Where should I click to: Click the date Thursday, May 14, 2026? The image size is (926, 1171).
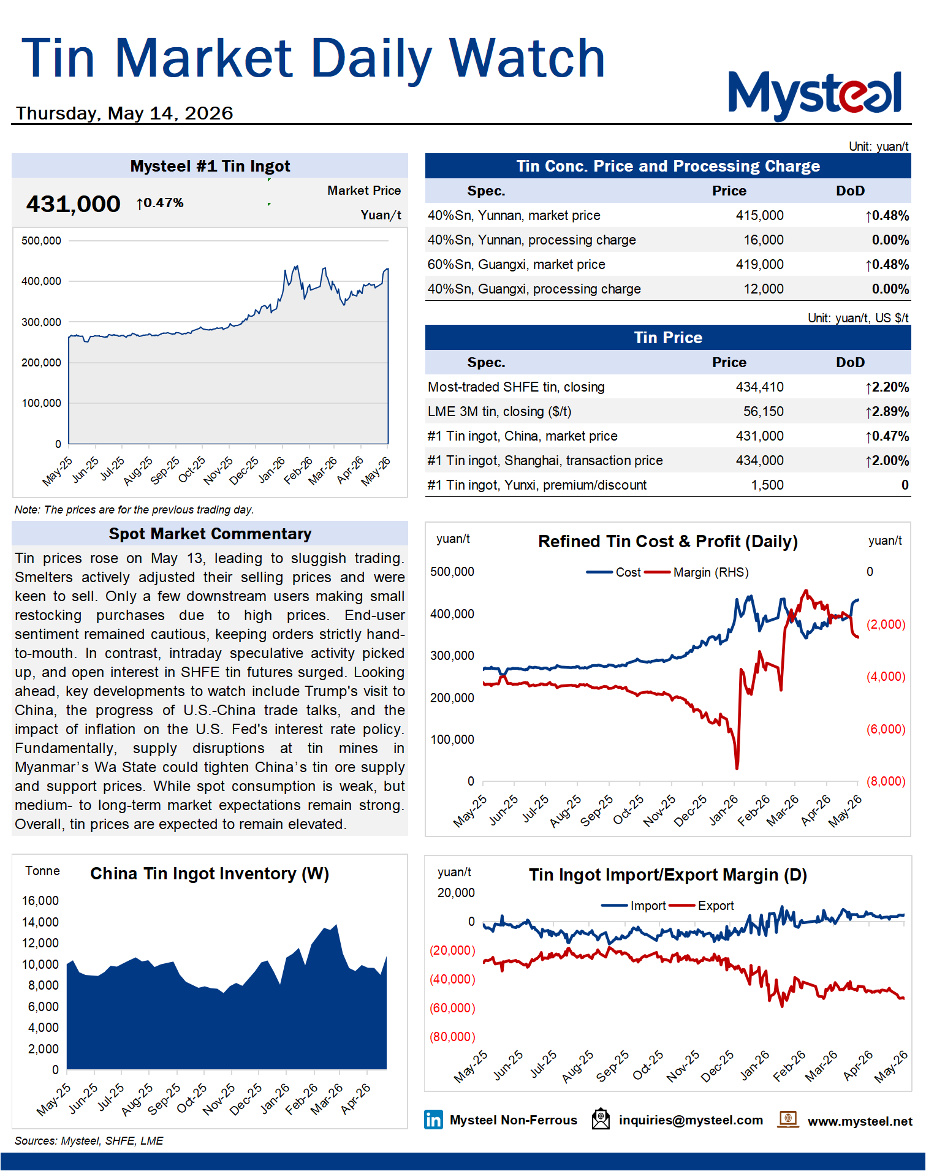124,113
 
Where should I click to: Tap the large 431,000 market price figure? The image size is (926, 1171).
73,204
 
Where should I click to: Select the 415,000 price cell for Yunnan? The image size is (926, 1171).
759,216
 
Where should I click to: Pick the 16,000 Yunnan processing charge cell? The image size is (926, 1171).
764,240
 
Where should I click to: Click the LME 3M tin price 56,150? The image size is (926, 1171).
764,412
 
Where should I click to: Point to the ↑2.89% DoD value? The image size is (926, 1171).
887,412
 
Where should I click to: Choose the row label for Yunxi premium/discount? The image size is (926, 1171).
537,485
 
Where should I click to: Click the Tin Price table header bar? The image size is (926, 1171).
668,338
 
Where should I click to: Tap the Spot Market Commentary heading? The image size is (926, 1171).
210,534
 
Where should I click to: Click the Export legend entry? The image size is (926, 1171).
702,906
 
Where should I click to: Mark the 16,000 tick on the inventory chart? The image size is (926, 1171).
40,901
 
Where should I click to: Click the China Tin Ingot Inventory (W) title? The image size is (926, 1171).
210,874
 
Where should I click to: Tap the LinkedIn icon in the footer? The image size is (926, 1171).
433,1120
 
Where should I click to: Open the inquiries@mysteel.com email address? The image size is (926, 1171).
691,1120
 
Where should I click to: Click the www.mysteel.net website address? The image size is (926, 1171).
860,1121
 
